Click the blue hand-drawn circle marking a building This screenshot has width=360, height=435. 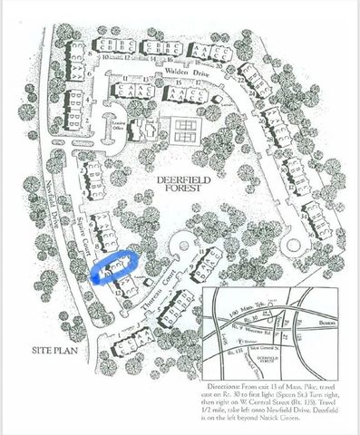(x=113, y=266)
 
